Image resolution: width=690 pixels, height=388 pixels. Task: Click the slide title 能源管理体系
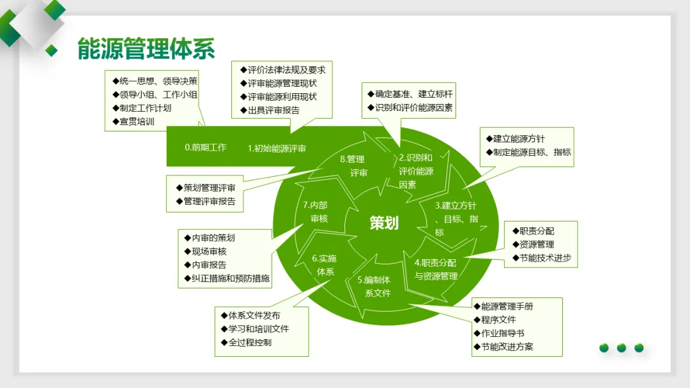tap(146, 48)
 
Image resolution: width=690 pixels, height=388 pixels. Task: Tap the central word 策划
tap(384, 223)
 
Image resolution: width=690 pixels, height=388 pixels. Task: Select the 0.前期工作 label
tap(206, 147)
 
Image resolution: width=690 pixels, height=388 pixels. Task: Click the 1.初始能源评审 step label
tap(277, 148)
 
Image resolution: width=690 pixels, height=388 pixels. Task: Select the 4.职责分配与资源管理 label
tap(436, 269)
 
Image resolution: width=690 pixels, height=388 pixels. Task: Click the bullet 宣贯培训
tap(137, 121)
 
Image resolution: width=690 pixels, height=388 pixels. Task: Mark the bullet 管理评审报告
tap(209, 201)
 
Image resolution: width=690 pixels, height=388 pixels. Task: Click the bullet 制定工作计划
tap(145, 108)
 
